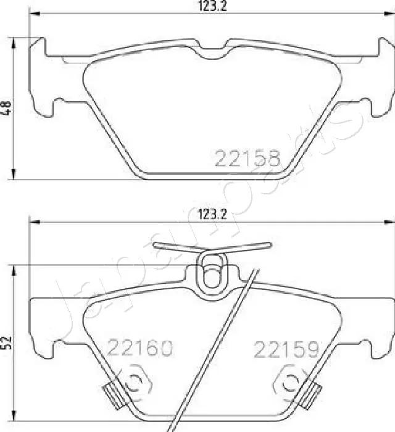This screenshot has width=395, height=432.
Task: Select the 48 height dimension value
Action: click(x=6, y=108)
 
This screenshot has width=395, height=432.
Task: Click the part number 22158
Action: click(x=247, y=159)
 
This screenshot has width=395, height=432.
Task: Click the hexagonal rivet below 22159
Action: click(x=289, y=383)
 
